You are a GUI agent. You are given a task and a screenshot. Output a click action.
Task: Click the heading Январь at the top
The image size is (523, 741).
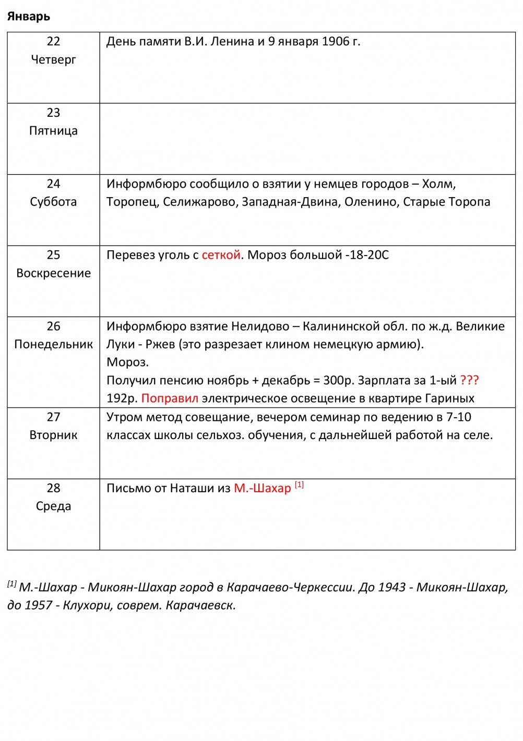coord(29,17)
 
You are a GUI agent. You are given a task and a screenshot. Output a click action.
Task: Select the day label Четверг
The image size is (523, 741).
coord(53,60)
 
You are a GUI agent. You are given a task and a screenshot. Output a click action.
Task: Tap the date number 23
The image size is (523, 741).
coord(53,113)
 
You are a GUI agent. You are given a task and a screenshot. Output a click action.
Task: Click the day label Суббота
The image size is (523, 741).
coord(53,202)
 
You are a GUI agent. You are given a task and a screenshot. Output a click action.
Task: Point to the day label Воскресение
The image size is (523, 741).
coord(53,273)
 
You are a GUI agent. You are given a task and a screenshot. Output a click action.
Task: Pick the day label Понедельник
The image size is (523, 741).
coord(53,344)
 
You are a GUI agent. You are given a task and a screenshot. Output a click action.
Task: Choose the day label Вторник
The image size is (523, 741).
coord(53,435)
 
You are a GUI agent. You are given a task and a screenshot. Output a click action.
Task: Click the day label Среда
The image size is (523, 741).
coord(53,506)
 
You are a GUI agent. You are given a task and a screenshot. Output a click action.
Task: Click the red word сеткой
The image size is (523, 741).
coord(221,255)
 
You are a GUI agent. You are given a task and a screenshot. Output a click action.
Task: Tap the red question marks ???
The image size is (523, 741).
coord(469,380)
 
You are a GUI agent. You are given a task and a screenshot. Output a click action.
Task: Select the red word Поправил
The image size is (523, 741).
coord(170,398)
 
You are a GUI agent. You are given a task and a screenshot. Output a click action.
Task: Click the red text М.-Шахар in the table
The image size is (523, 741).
coord(262,489)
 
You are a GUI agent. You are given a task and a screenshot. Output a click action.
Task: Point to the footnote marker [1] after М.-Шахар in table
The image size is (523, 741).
coord(299,485)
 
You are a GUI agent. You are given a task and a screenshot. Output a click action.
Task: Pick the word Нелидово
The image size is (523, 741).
coord(260,326)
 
